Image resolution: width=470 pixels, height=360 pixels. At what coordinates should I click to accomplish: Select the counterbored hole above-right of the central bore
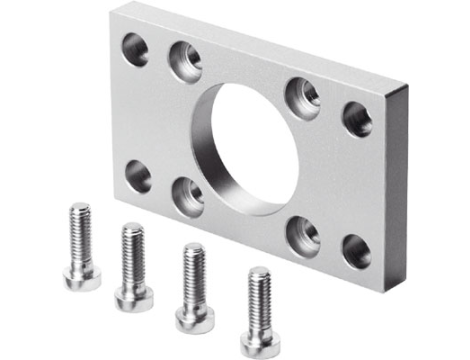(303, 96)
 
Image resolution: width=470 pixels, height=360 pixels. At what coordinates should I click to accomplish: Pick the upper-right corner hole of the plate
(357, 118)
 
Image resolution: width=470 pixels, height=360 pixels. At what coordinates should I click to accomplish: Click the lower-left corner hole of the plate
(138, 178)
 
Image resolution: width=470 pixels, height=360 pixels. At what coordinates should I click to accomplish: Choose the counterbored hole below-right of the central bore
(302, 236)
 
